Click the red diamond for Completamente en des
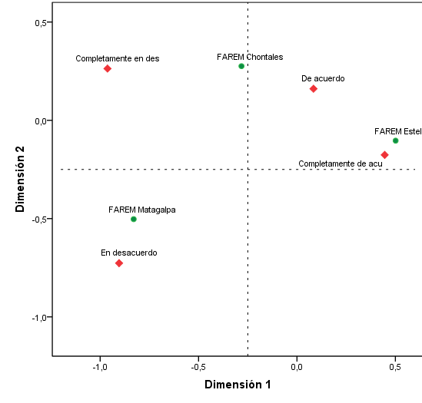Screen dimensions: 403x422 coord(108,68)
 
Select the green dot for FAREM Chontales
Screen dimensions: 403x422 coord(241,66)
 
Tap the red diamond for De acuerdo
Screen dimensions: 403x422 coord(314,89)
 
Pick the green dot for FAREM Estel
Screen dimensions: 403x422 coord(396,140)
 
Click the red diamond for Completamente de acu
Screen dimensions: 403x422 coord(384,155)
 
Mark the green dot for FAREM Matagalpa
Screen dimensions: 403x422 coord(134,219)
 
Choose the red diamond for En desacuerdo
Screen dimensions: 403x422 coord(119,263)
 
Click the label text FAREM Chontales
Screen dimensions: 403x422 coord(250,56)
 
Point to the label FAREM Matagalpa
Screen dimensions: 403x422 coord(142,209)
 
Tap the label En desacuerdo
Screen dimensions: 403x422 coord(129,253)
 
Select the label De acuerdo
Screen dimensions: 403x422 coord(323,78)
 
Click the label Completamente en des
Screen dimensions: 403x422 coord(118,58)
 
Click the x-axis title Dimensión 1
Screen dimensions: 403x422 coord(238,385)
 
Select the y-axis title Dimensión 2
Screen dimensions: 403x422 coord(22,180)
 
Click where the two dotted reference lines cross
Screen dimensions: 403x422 coord(248,169)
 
